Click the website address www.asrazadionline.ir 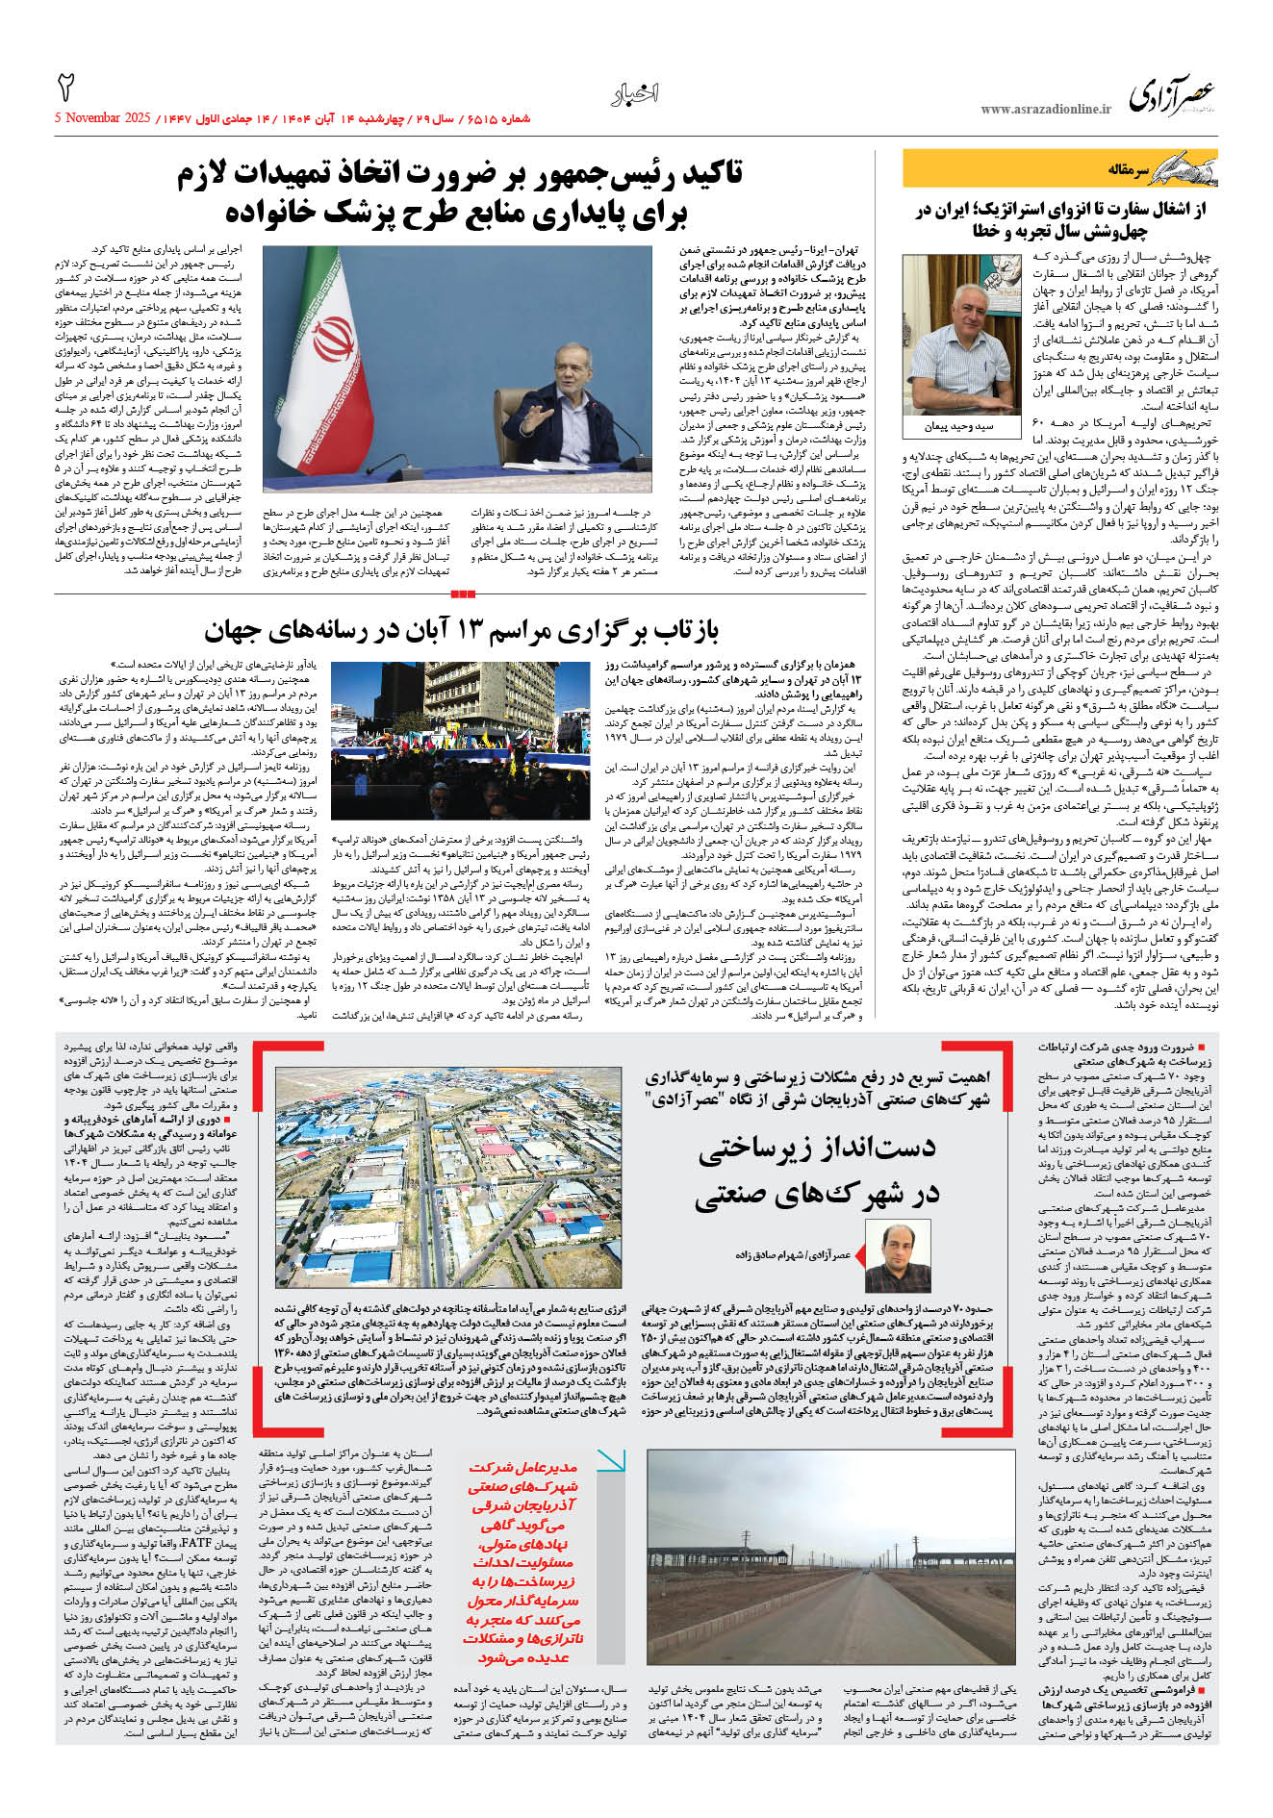[x=1045, y=110]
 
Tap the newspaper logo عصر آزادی [x=1171, y=94]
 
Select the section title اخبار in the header [x=635, y=94]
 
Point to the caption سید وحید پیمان [x=958, y=426]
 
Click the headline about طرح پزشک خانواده [x=459, y=192]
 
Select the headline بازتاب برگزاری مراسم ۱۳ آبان [x=461, y=631]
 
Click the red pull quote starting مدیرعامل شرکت [x=523, y=1562]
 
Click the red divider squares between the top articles [x=462, y=594]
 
